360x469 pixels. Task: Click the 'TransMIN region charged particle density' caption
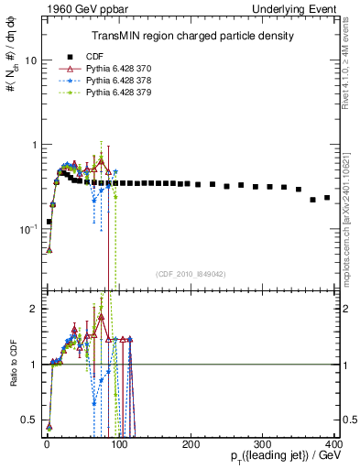[x=191, y=36]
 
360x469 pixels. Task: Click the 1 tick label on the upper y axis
[x=34, y=145]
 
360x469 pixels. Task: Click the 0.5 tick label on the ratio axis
[x=30, y=420]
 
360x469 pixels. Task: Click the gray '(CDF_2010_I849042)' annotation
[x=191, y=273]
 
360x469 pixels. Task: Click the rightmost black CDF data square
[x=327, y=197]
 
